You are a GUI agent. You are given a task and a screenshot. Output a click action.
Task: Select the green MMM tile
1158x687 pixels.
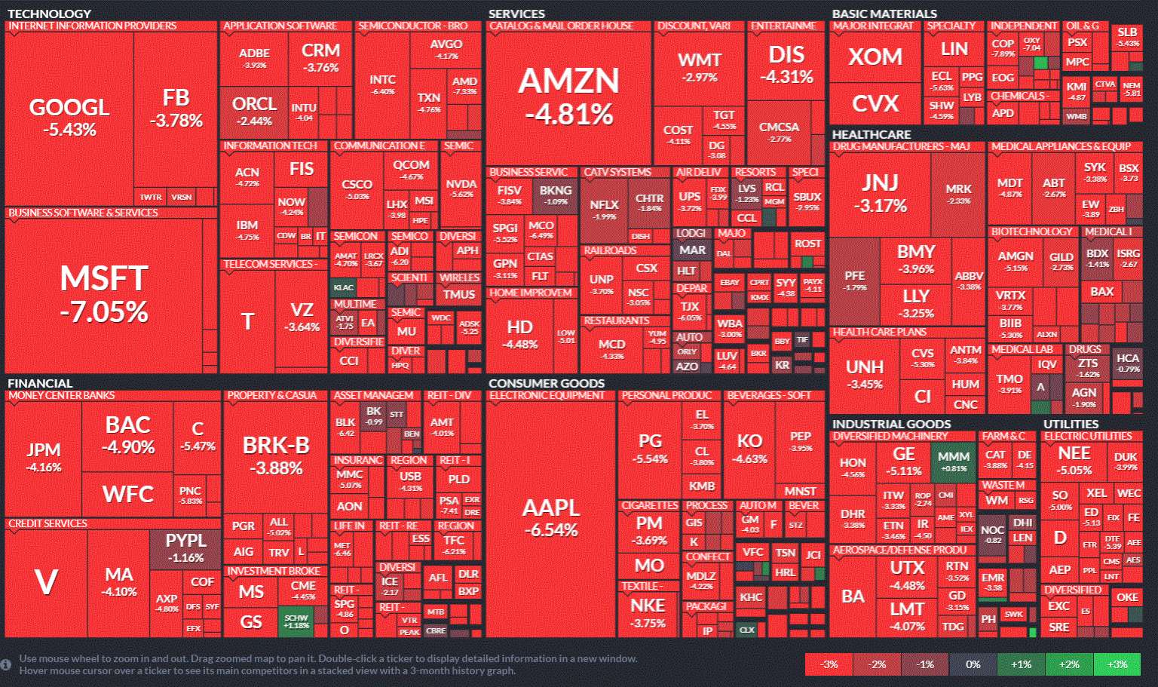[x=954, y=462]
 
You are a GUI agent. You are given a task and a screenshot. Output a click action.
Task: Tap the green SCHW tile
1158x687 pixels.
[x=296, y=621]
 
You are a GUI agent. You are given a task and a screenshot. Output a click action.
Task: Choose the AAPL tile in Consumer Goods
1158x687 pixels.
[x=551, y=517]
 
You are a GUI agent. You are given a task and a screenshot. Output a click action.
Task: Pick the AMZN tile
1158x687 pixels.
[x=568, y=96]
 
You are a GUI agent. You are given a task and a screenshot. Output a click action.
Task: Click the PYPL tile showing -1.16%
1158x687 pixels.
[x=185, y=548]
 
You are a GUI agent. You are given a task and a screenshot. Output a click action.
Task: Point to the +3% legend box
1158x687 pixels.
[x=1117, y=664]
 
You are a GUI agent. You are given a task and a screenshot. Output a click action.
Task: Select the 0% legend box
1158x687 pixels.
[x=973, y=664]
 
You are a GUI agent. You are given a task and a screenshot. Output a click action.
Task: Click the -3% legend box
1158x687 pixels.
[x=829, y=664]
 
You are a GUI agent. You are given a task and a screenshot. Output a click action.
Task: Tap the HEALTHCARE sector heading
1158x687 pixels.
[x=871, y=134]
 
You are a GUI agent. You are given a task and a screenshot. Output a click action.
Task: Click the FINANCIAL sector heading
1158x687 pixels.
[x=40, y=383]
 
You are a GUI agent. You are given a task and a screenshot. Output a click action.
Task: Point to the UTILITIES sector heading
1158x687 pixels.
[x=1071, y=424]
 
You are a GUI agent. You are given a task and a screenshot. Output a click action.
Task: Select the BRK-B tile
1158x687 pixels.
[x=276, y=455]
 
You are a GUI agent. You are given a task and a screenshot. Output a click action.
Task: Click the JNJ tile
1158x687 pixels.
[x=880, y=192]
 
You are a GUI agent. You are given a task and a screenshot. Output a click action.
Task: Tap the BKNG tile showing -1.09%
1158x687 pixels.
[x=556, y=195]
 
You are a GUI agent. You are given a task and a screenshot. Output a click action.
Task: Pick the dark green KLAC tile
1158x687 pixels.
[x=343, y=287]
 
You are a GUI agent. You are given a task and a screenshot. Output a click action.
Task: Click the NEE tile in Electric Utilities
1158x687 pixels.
[x=1074, y=460]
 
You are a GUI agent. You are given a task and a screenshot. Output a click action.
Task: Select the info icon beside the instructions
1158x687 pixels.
[x=6, y=664]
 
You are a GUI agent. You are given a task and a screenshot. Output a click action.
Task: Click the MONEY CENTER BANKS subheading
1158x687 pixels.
[x=62, y=395]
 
